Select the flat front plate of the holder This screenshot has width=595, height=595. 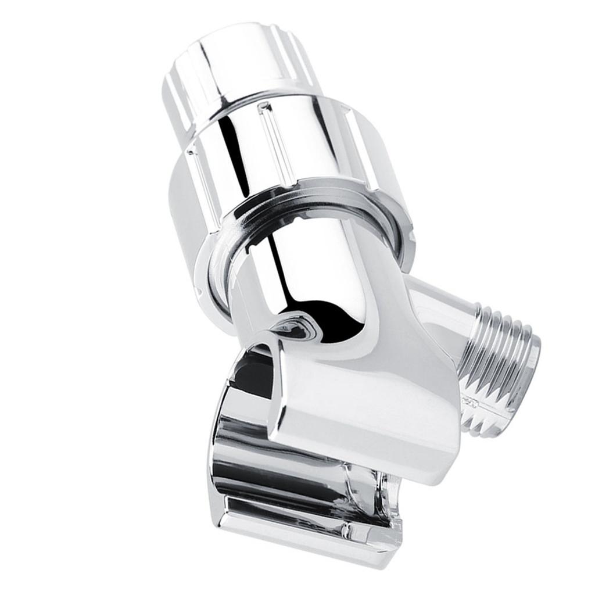pos(372,418)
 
